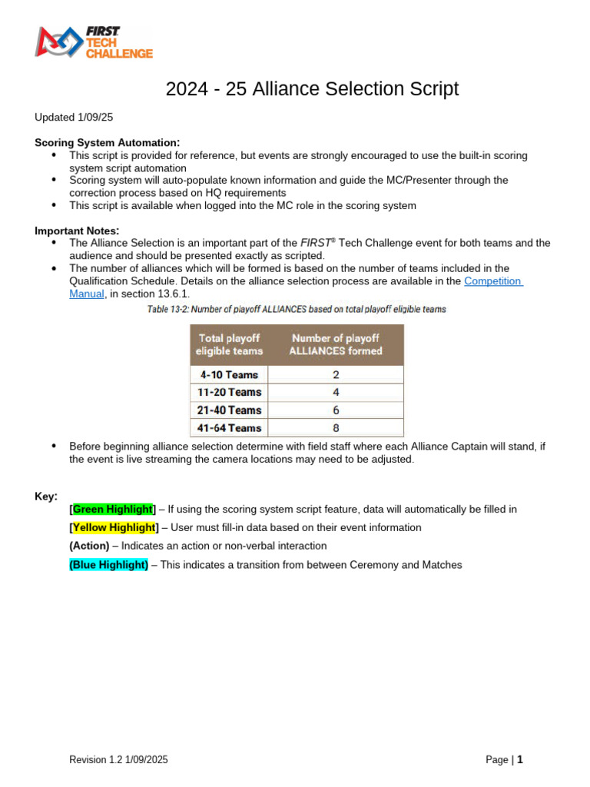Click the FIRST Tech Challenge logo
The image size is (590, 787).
pyautogui.click(x=93, y=42)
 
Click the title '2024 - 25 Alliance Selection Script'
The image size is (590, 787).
pyautogui.click(x=312, y=89)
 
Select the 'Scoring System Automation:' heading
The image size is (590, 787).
pyautogui.click(x=107, y=142)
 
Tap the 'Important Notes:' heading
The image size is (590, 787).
pyautogui.click(x=77, y=231)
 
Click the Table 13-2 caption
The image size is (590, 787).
pyautogui.click(x=297, y=309)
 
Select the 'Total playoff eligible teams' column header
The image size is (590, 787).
pyautogui.click(x=230, y=344)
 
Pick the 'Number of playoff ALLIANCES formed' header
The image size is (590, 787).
pyautogui.click(x=336, y=344)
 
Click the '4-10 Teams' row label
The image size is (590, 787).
pyautogui.click(x=229, y=374)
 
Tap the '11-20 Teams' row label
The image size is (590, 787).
pyautogui.click(x=229, y=392)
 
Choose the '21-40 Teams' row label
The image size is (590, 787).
pyautogui.click(x=229, y=410)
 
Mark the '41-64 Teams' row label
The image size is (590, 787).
pyautogui.click(x=229, y=428)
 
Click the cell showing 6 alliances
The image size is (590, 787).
pyautogui.click(x=336, y=410)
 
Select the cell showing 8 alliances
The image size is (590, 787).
pyautogui.click(x=336, y=428)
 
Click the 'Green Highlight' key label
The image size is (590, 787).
pyautogui.click(x=113, y=509)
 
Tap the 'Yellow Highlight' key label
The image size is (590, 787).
pyautogui.click(x=114, y=527)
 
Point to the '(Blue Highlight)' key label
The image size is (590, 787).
pyautogui.click(x=108, y=564)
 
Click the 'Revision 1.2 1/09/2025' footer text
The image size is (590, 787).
pyautogui.click(x=118, y=760)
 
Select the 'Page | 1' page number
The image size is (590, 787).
pyautogui.click(x=504, y=760)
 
